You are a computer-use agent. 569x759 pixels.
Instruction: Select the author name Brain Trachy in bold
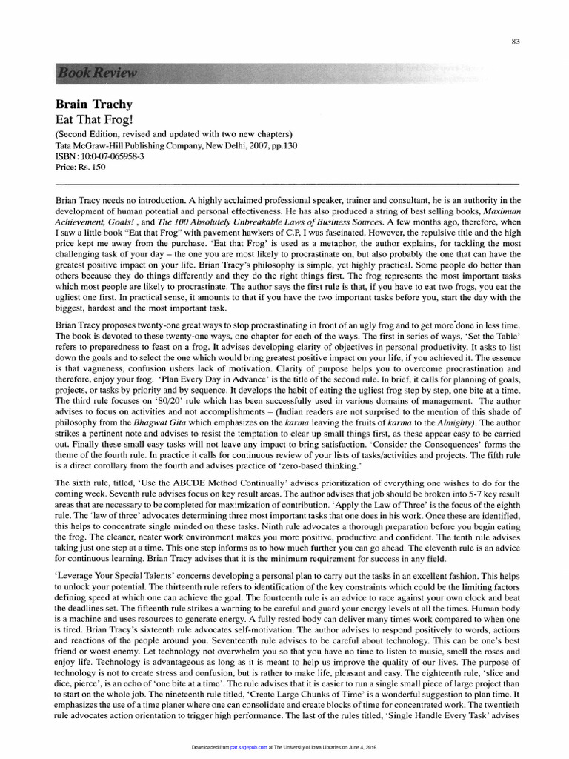[91, 105]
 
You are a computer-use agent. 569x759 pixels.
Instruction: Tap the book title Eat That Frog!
[88, 119]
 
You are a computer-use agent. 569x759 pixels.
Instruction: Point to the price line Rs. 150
[81, 167]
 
